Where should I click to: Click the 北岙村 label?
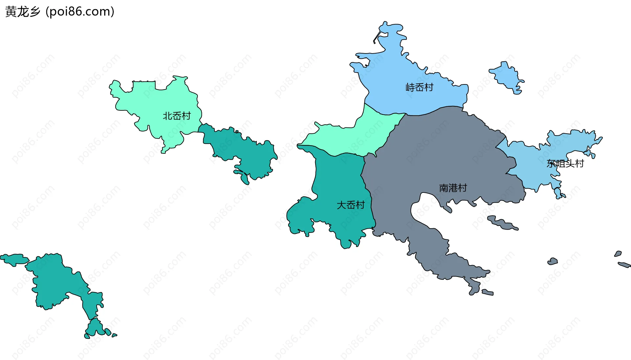coord(177,116)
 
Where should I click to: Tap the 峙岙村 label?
coord(419,87)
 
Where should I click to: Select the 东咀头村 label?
coord(565,164)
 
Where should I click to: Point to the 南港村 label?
coord(453,188)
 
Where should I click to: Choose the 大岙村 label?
coord(351,205)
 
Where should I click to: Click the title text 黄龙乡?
coord(23,11)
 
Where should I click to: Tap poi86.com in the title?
coord(80,11)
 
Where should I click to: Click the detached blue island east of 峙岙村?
coord(506,78)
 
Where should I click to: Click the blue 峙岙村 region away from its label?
coord(394,66)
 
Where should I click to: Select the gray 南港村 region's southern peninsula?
coord(437,256)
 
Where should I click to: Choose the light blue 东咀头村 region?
coord(532,171)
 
